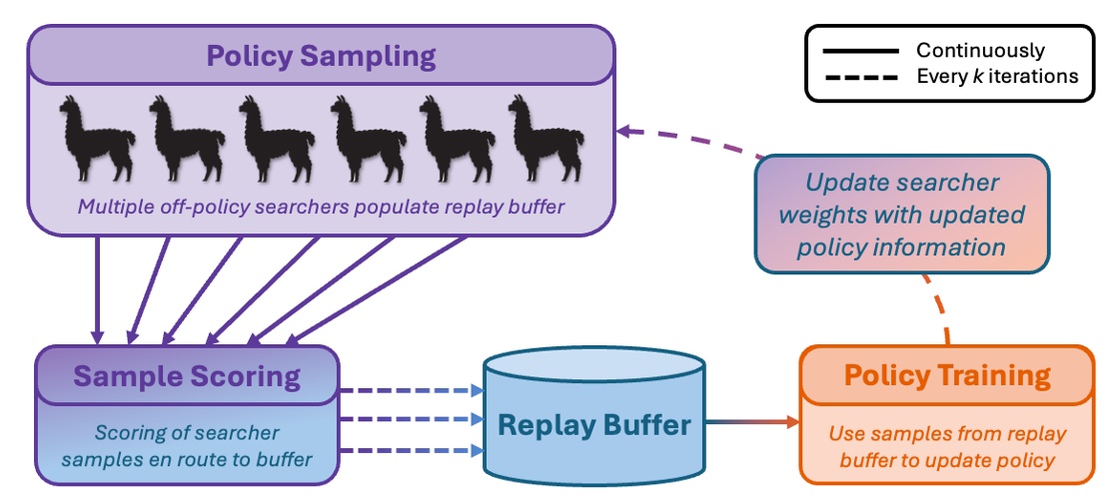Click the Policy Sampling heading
tap(321, 55)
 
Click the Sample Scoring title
tap(187, 375)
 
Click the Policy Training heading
tap(947, 375)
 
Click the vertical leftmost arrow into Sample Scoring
tap(98, 289)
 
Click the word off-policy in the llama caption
tap(222, 208)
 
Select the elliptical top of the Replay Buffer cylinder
tap(594, 368)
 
